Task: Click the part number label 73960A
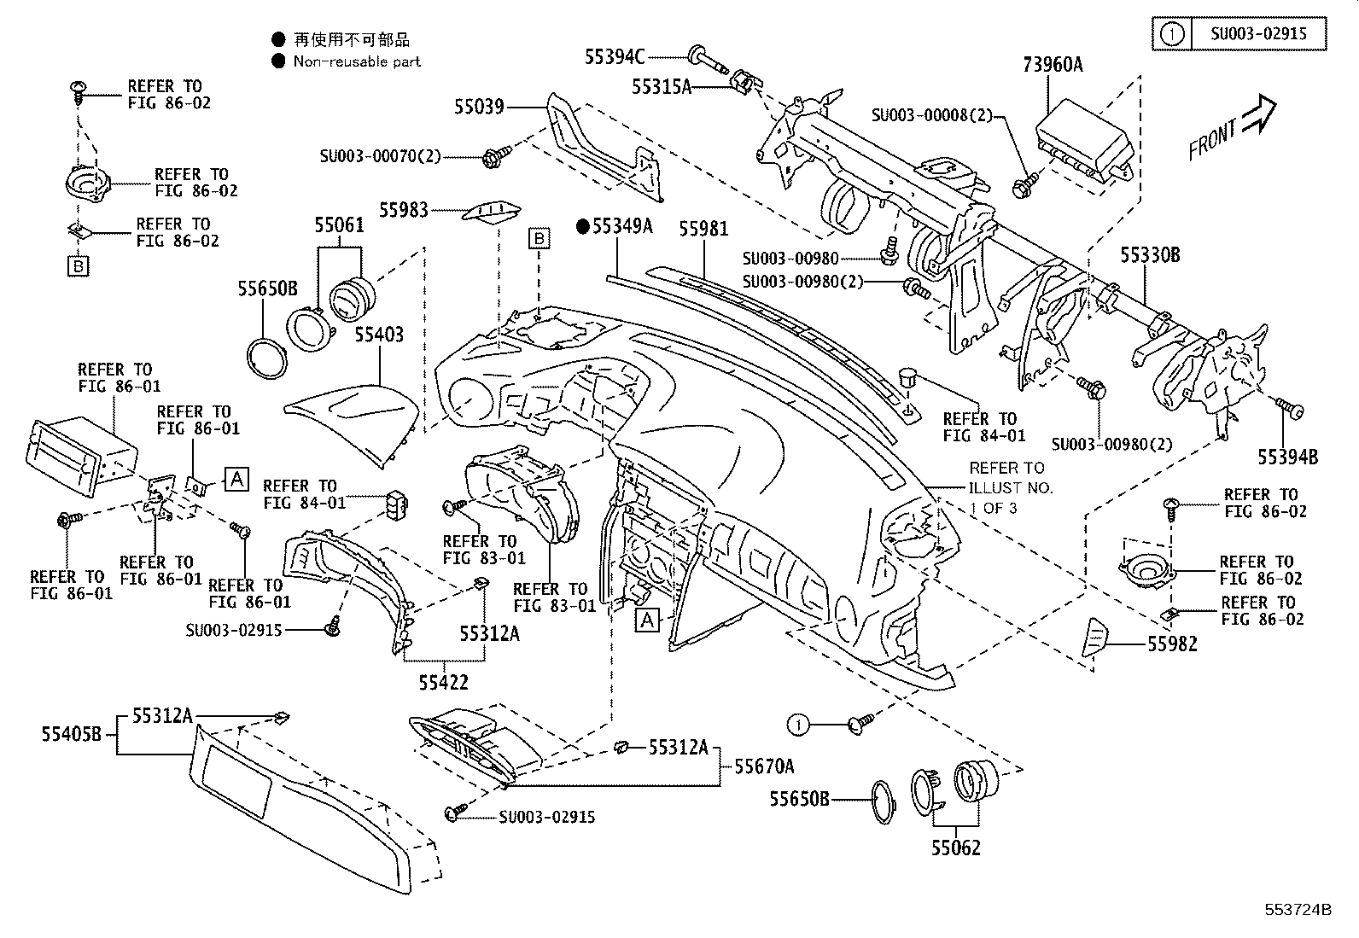(x=1052, y=64)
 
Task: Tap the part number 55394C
(x=614, y=56)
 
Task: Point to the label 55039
(x=479, y=107)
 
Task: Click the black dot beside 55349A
(x=583, y=226)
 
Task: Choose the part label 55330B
(x=1150, y=253)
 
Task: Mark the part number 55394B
(x=1286, y=457)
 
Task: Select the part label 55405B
(x=72, y=733)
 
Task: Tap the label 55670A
(x=764, y=766)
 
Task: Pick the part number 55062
(x=955, y=848)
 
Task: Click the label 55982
(x=1171, y=644)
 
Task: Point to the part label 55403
(x=379, y=334)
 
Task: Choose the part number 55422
(x=443, y=682)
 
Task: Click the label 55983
(x=405, y=209)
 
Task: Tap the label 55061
(x=339, y=225)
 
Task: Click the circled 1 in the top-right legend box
(x=1173, y=35)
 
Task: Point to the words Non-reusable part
(x=357, y=61)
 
